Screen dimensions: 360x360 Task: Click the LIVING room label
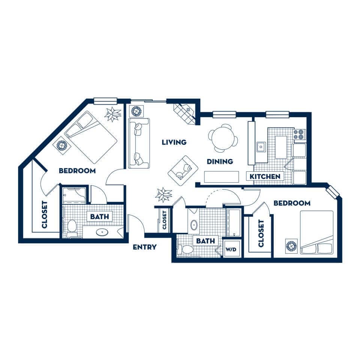coord(174,142)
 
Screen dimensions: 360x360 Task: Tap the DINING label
coord(220,161)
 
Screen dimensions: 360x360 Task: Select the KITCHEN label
coord(265,177)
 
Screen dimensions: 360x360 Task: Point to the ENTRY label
coord(145,247)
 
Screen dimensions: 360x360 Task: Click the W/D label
coord(231,249)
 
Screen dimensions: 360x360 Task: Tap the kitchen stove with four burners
coord(299,135)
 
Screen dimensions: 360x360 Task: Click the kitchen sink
coord(261,147)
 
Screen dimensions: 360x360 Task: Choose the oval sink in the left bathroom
coord(102,232)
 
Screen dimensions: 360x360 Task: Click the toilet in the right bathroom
coord(186,250)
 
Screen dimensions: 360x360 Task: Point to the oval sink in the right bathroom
coord(194,225)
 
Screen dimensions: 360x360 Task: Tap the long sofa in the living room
coord(139,143)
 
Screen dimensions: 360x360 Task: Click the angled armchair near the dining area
coord(183,171)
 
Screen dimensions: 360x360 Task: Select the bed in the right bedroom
coord(316,232)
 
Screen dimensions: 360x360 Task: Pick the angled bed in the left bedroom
coord(91,137)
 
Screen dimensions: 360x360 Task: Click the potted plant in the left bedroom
coord(113,114)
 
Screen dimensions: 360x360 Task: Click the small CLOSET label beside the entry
coord(164,220)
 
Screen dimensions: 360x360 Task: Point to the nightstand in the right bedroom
coord(291,246)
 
